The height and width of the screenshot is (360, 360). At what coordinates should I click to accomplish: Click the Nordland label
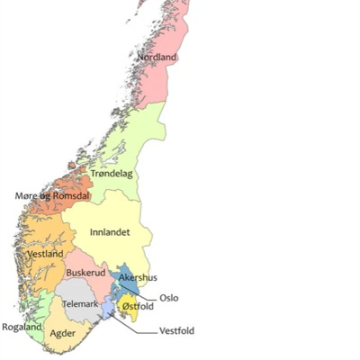pyautogui.click(x=157, y=58)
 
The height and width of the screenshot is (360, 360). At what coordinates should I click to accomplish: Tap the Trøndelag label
pyautogui.click(x=112, y=173)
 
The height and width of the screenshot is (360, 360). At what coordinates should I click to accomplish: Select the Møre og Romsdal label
pyautogui.click(x=53, y=195)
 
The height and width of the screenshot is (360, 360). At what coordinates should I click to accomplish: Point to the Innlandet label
pyautogui.click(x=111, y=232)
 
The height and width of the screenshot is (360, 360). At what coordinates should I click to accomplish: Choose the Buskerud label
pyautogui.click(x=85, y=272)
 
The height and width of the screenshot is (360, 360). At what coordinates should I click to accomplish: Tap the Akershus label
pyautogui.click(x=139, y=278)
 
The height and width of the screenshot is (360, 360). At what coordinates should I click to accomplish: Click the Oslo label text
pyautogui.click(x=169, y=298)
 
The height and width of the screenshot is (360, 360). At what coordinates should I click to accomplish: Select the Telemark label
pyautogui.click(x=80, y=304)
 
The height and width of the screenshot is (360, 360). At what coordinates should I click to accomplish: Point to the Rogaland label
pyautogui.click(x=21, y=327)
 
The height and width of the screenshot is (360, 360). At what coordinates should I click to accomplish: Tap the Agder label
pyautogui.click(x=62, y=333)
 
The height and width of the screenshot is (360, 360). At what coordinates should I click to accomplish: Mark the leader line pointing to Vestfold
pyautogui.click(x=135, y=328)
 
